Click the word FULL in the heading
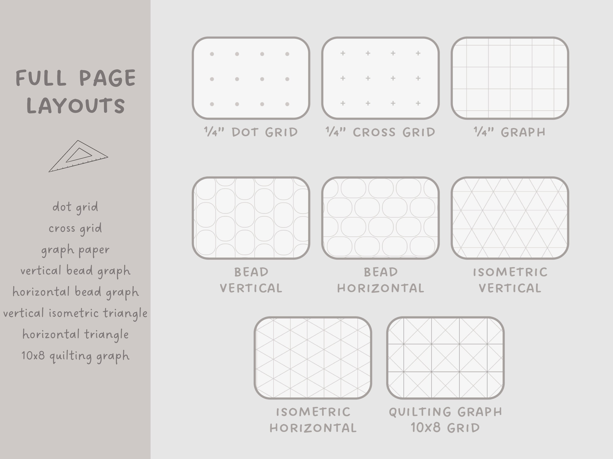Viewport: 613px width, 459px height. (x=41, y=78)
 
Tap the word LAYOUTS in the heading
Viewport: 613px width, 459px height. (x=76, y=106)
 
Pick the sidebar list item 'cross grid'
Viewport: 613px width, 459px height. (x=75, y=228)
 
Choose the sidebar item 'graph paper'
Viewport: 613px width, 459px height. (x=75, y=250)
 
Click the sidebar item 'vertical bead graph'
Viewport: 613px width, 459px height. (x=75, y=271)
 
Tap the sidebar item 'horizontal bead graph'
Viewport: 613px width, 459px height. (x=75, y=292)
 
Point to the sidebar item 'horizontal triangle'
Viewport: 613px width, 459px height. (x=75, y=335)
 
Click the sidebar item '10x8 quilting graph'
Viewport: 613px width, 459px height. (x=75, y=356)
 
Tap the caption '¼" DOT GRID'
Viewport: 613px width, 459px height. (x=251, y=132)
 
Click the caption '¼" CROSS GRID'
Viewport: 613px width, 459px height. (x=380, y=132)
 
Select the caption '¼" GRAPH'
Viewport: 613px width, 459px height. (x=510, y=132)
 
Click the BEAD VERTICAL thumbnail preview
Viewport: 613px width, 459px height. (x=251, y=218)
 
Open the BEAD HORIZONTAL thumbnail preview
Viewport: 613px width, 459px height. (x=380, y=218)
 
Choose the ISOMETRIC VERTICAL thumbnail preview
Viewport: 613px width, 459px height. (x=510, y=218)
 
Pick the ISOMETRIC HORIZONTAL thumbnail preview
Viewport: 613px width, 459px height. (x=313, y=358)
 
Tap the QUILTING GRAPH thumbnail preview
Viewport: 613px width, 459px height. (x=445, y=358)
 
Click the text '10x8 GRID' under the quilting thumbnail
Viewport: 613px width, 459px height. (x=445, y=428)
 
